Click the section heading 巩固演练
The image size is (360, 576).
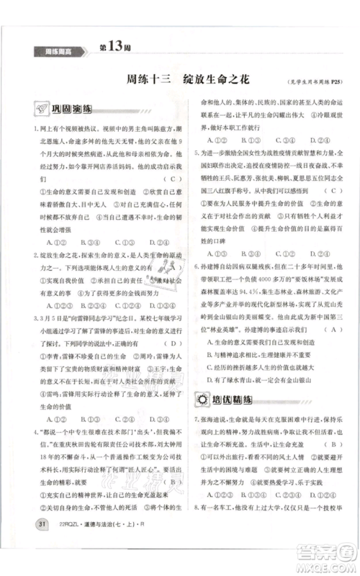tap(71, 109)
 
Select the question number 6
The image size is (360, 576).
tap(195, 266)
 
